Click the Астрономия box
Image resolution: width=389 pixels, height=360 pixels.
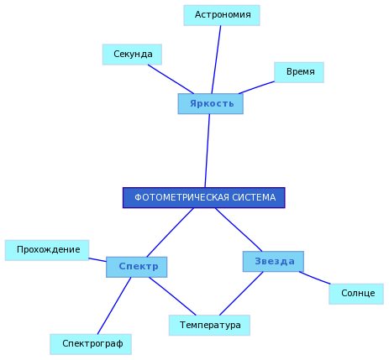[222, 15]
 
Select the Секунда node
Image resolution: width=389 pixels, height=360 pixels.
[132, 55]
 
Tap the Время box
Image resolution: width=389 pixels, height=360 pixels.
[299, 72]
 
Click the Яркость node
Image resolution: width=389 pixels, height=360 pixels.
[211, 104]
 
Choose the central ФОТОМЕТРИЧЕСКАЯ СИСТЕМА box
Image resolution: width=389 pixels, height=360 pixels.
[204, 198]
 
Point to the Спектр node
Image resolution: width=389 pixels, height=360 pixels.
[137, 267]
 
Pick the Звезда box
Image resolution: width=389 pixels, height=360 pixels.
[273, 262]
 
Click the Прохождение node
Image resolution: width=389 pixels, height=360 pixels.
[47, 250]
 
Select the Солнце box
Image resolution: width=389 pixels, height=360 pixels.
[356, 294]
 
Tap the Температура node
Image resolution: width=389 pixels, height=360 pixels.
[209, 326]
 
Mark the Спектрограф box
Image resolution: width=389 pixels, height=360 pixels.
[91, 344]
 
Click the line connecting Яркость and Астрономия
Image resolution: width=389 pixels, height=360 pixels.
[216, 60]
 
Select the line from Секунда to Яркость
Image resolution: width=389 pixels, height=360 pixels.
[171, 79]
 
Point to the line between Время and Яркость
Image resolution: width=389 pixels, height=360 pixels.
[256, 87]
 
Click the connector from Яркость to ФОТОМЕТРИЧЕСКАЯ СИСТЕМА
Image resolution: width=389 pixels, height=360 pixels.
[208, 151]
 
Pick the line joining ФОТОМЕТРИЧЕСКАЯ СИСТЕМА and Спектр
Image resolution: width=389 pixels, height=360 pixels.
[171, 232]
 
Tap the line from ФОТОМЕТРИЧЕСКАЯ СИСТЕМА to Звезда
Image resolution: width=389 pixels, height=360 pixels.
[239, 230]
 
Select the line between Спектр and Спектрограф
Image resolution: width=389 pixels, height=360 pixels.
[114, 305]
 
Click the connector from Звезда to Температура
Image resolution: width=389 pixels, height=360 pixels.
[241, 294]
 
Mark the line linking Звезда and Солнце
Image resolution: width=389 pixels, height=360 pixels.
[315, 278]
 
